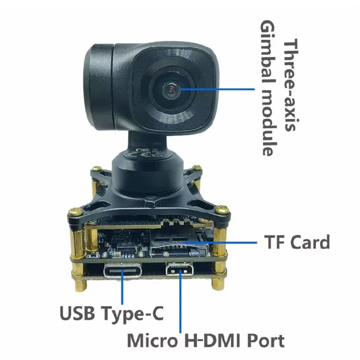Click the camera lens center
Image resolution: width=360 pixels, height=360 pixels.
click(171, 90)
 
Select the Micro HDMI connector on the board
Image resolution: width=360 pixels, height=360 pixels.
click(180, 271)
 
